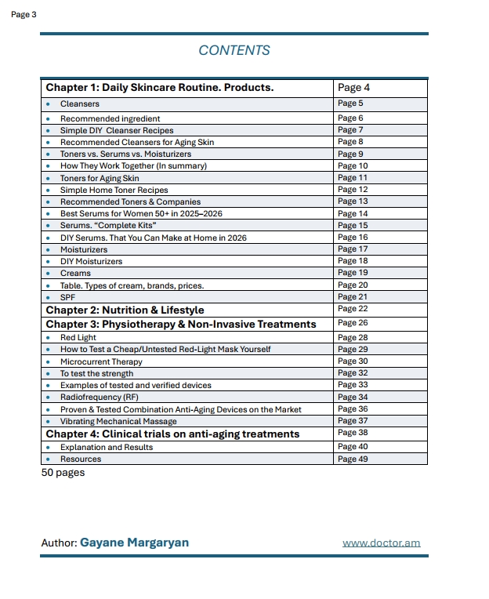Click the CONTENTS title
[x=234, y=50]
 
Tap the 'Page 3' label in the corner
[x=24, y=14]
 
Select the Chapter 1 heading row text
[x=159, y=88]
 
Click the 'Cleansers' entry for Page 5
[x=80, y=103]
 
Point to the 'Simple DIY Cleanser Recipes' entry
[x=117, y=130]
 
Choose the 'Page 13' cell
[x=353, y=201]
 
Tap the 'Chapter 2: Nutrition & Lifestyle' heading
[x=125, y=310]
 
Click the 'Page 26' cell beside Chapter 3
[x=353, y=323]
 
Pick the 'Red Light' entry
[x=78, y=338]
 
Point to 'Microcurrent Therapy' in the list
[x=101, y=361]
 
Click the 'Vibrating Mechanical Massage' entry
[x=119, y=421]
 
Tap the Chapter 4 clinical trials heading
[x=172, y=434]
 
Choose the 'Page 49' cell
[x=353, y=459]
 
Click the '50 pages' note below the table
[x=63, y=473]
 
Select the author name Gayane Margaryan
[x=134, y=543]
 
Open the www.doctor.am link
[x=382, y=543]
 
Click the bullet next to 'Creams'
[x=48, y=273]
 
